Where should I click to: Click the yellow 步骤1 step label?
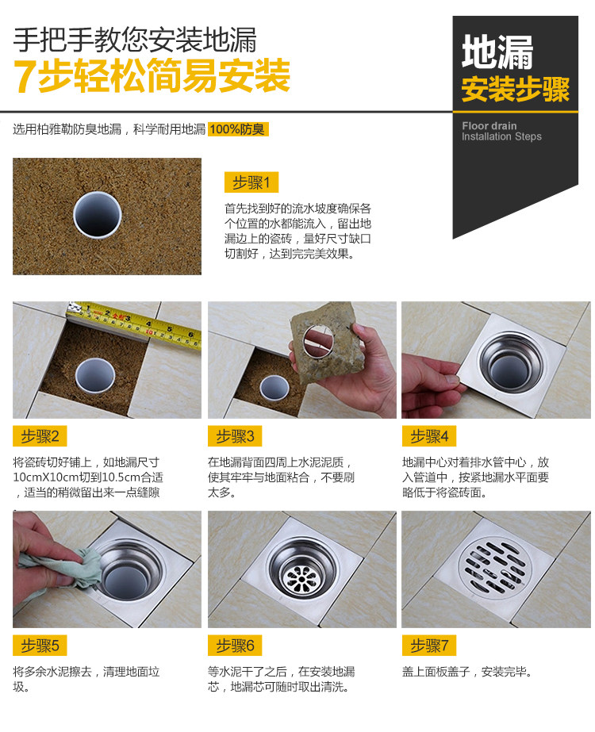[251, 182]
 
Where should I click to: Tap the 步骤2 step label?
[40, 436]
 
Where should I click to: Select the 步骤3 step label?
[235, 436]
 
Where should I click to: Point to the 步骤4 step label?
[428, 436]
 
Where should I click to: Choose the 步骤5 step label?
[40, 646]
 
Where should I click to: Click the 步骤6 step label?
[235, 646]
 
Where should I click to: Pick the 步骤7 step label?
[428, 646]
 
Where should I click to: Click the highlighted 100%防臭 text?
[238, 129]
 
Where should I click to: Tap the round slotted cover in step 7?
[493, 566]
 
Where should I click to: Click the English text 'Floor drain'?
[489, 126]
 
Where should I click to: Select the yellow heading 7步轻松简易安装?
[152, 75]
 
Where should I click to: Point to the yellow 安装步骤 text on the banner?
[516, 89]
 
